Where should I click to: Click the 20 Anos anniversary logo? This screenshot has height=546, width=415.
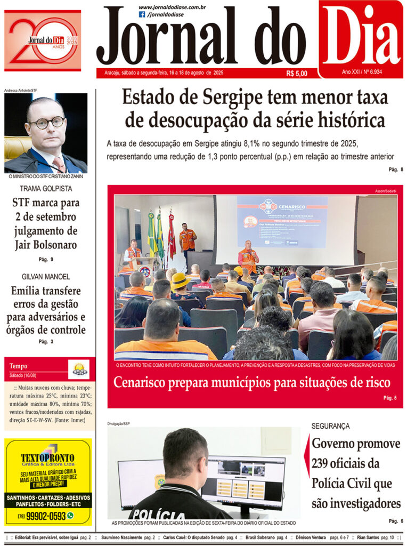pos(43,41)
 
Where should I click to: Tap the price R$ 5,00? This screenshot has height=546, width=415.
pos(297,74)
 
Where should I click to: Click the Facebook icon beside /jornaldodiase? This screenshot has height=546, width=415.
pos(142,14)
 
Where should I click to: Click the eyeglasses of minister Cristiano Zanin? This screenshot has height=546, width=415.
pos(47,123)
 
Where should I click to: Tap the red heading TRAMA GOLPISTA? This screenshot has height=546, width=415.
pos(46,189)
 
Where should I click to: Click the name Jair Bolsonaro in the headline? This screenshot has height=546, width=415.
pos(46,245)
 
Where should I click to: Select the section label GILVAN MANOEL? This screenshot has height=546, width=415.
pos(46,277)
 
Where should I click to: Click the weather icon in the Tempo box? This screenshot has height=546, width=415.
pos(79,369)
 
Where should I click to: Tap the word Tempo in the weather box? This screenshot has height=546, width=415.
pos(18,366)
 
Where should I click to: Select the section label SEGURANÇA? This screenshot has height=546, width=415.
pos(331,426)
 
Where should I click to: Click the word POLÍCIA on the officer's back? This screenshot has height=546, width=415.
pos(159,515)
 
